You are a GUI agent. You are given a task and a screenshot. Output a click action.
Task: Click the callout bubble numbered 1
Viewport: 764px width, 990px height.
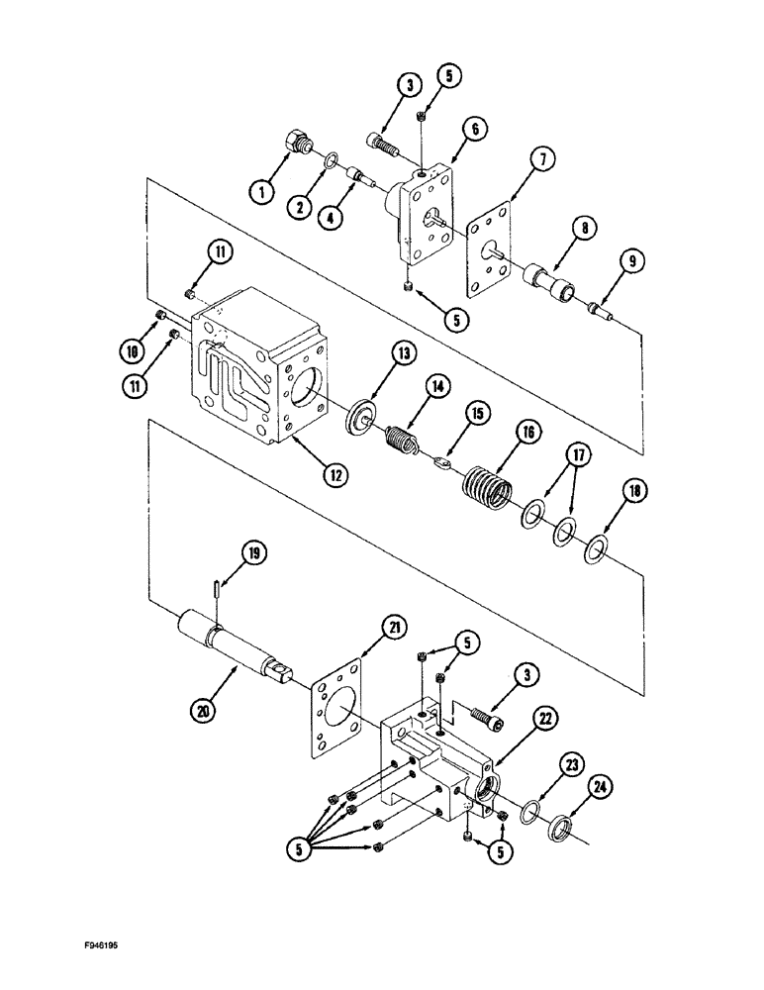tap(261, 191)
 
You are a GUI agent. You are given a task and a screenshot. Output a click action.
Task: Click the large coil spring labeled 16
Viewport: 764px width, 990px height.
tap(487, 483)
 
